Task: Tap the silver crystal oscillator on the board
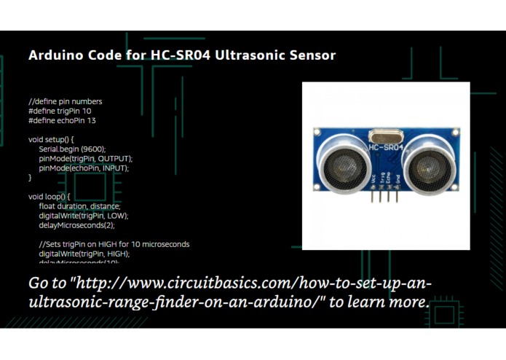pyautogui.click(x=385, y=135)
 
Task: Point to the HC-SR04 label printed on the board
pyautogui.click(x=387, y=148)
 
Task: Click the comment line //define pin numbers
pyautogui.click(x=66, y=101)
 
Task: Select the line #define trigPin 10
pyautogui.click(x=60, y=111)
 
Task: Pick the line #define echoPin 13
pyautogui.click(x=62, y=120)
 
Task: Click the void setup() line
pyautogui.click(x=52, y=139)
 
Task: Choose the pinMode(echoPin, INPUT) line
pyautogui.click(x=84, y=168)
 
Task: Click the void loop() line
pyautogui.click(x=50, y=197)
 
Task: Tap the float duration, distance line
pyautogui.click(x=80, y=206)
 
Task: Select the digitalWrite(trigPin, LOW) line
pyautogui.click(x=84, y=216)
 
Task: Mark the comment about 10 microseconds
pyautogui.click(x=114, y=244)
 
